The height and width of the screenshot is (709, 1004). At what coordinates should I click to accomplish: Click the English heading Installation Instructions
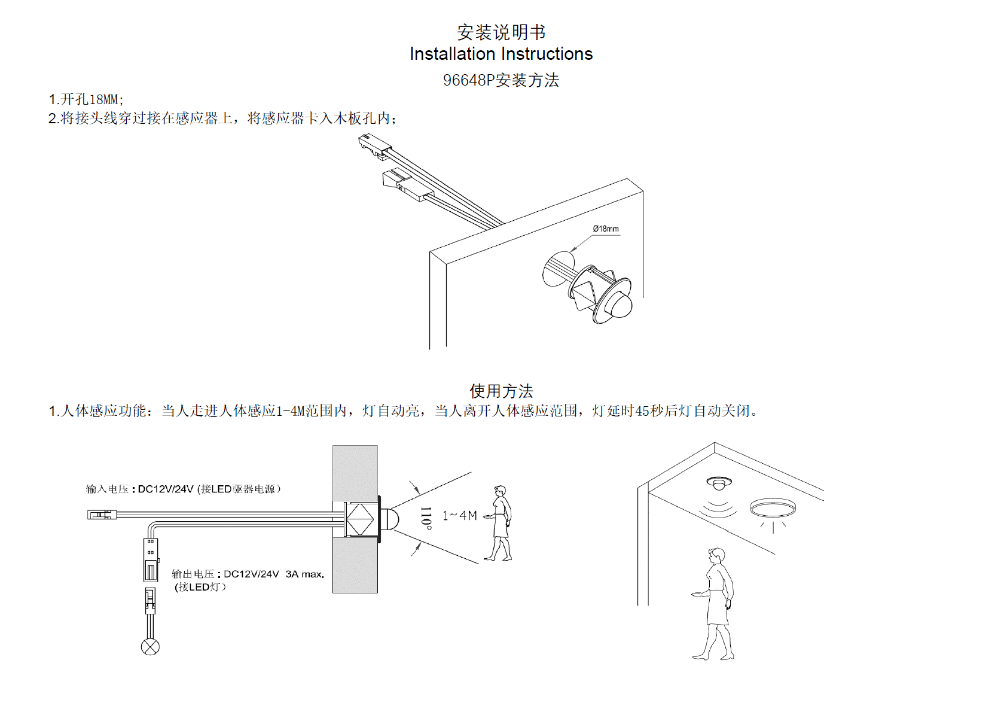[501, 54]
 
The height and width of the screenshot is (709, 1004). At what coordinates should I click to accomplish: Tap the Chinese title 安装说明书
[501, 32]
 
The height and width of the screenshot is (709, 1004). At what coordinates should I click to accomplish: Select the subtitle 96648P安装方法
[501, 80]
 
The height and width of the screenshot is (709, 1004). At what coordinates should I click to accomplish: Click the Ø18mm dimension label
[606, 229]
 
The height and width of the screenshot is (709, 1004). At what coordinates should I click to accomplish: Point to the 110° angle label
[426, 518]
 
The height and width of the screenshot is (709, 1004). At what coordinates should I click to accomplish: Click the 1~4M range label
[459, 516]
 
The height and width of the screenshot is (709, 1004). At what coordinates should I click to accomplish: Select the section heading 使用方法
[501, 391]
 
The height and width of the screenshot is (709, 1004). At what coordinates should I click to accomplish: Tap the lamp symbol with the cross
[150, 647]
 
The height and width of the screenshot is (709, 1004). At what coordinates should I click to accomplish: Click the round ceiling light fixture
[773, 508]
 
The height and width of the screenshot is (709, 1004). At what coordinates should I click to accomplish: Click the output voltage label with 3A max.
[248, 574]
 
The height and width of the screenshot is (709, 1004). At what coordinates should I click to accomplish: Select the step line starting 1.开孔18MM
[86, 99]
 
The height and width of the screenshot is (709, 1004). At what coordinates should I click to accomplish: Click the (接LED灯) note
[200, 587]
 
